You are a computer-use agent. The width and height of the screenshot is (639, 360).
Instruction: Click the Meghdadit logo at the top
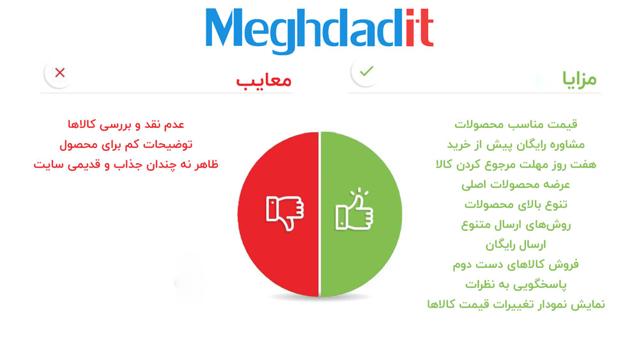319,31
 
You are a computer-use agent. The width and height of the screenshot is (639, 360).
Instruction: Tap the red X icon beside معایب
60,73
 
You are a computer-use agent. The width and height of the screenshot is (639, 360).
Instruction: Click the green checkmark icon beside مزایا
366,72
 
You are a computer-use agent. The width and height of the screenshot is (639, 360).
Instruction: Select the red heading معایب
264,80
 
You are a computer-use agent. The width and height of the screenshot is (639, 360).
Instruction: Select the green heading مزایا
579,79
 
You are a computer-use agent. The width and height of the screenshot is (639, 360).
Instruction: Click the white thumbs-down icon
285,213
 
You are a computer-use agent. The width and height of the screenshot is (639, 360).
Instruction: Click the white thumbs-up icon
354,210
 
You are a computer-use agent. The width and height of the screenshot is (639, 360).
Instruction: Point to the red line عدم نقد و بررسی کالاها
126,125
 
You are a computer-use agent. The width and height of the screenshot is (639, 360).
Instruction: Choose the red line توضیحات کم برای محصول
126,145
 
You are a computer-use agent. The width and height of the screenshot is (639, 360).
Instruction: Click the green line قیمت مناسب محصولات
516,124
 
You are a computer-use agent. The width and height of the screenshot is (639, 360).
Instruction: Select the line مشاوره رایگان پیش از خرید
516,145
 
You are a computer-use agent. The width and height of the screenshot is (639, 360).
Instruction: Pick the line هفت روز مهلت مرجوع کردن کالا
516,165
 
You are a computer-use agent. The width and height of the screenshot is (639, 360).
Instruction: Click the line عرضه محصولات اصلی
516,185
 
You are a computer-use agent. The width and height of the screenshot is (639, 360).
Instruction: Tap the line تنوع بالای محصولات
516,205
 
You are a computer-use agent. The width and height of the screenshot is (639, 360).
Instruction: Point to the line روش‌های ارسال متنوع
516,224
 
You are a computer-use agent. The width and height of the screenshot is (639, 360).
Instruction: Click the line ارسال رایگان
516,245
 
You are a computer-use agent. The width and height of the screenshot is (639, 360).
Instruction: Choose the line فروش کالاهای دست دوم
516,265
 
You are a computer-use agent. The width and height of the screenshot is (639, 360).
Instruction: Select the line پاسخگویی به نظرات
516,285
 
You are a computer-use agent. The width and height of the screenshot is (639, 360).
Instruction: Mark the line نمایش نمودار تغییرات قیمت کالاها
516,304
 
